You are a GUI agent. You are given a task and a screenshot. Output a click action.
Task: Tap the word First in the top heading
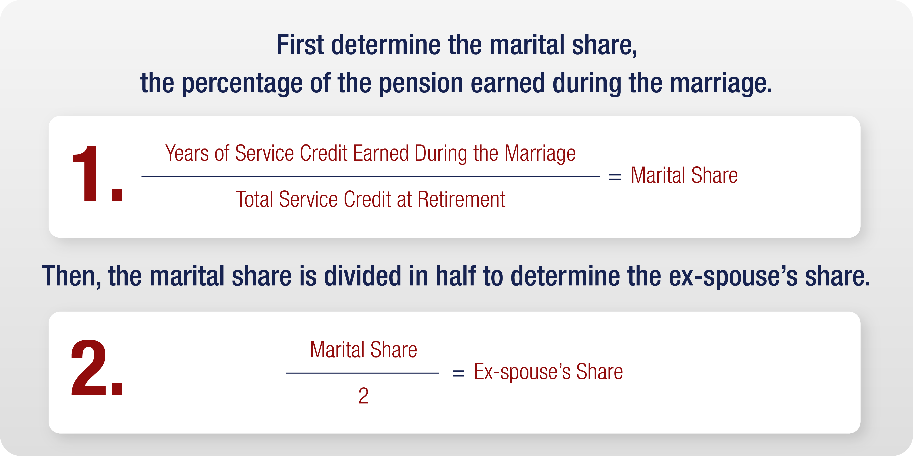[x=300, y=45]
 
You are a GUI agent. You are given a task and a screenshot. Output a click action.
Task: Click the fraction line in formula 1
[x=370, y=176]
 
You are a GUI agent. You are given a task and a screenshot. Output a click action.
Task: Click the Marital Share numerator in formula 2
[x=363, y=350]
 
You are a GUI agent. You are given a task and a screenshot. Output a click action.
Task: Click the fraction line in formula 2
[x=362, y=373]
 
